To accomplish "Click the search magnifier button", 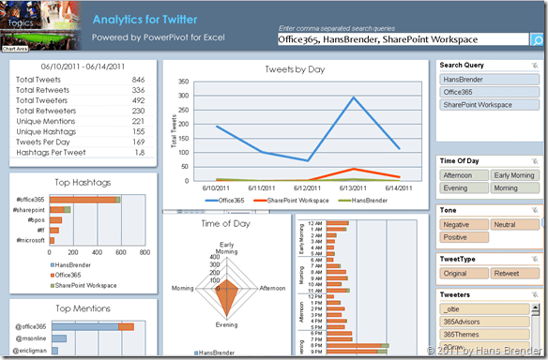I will pyautogui.click(x=537, y=40).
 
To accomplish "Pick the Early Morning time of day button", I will pyautogui.click(x=516, y=175).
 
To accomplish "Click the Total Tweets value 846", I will pyautogui.click(x=138, y=81).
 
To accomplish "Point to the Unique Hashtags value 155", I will pyautogui.click(x=138, y=132).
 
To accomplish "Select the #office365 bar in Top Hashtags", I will pyautogui.click(x=84, y=200).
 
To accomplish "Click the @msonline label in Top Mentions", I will pyautogui.click(x=33, y=337).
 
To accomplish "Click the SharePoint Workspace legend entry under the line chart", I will pyautogui.click(x=297, y=200).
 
